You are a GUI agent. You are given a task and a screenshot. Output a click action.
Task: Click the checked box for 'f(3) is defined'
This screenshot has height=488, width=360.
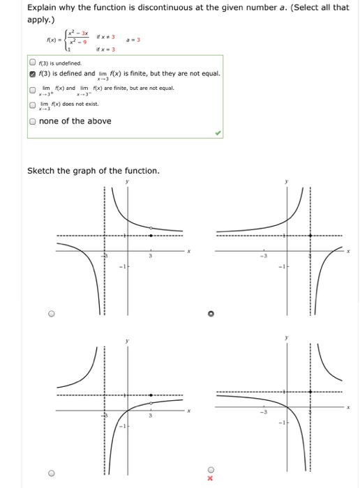(33, 73)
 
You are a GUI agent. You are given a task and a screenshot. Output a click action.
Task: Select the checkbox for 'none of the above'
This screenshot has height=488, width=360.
(33, 121)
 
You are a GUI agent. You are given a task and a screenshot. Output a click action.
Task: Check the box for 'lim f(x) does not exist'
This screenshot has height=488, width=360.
(33, 105)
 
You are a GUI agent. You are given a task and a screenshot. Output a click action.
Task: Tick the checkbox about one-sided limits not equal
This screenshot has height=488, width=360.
(33, 89)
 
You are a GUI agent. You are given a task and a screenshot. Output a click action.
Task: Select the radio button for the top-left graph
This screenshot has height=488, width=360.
(51, 314)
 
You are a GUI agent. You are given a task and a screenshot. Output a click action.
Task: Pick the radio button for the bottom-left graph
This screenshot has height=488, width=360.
(51, 473)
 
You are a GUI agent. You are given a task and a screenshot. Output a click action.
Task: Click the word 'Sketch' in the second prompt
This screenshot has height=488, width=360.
(43, 171)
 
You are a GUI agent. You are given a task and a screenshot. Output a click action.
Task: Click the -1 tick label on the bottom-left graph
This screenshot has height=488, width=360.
(120, 425)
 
